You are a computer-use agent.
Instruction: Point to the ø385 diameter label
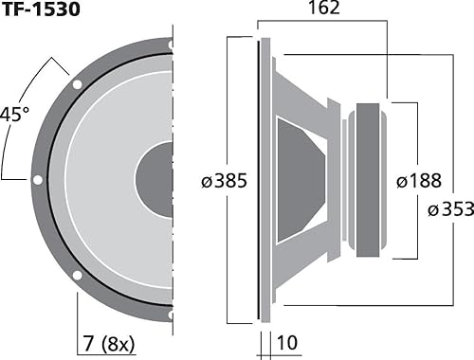[224, 180]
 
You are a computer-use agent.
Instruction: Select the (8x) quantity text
[118, 338]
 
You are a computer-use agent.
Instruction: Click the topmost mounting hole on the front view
[171, 44]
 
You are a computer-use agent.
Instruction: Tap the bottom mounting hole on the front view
[171, 315]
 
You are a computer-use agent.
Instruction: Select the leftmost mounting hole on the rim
[36, 179]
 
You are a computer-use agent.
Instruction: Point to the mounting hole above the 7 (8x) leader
[76, 276]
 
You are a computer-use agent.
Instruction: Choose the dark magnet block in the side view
[369, 179]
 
